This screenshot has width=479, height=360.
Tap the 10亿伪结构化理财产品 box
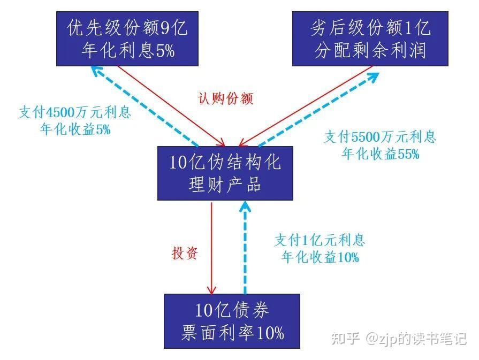(225, 173)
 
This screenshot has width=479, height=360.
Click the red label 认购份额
(224, 98)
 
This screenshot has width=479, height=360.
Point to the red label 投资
(184, 253)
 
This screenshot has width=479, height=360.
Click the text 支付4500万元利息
(75, 113)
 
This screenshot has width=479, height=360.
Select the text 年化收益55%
(381, 154)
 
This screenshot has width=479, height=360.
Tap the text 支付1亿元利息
(320, 240)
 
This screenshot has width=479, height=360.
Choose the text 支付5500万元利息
(380, 137)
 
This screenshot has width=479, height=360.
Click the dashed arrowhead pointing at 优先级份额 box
(95, 71)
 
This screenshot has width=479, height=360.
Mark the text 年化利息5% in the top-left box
(128, 51)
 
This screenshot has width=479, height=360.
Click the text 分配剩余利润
(370, 51)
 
